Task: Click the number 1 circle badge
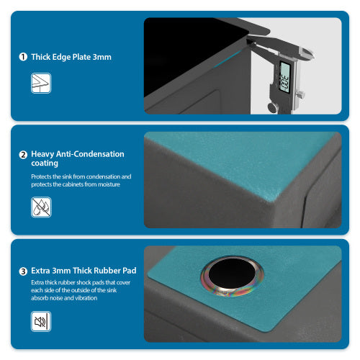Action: [x=23, y=57]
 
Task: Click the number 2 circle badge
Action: [x=23, y=154]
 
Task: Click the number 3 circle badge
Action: [x=23, y=271]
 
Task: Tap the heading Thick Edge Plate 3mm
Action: [x=71, y=57]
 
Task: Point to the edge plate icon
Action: [x=41, y=84]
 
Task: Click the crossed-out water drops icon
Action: [x=41, y=207]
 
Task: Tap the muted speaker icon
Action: [x=41, y=321]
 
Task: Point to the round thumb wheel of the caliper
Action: [x=273, y=107]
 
